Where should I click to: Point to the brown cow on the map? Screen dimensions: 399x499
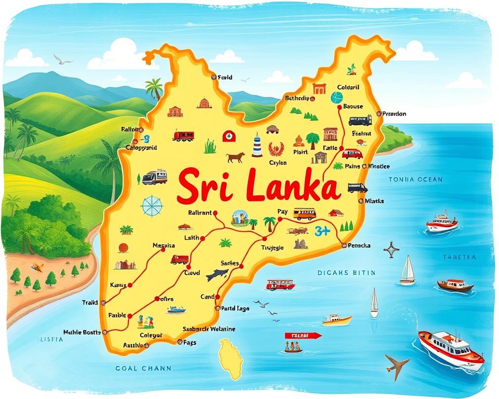pos(235,156)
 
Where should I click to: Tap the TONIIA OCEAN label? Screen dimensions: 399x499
pos(415,179)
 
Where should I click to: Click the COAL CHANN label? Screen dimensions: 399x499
pos(142,368)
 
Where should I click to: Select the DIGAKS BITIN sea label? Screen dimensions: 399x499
pos(346,272)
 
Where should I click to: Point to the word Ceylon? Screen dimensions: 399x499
pos(278,163)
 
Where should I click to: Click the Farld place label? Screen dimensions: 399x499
pos(225,77)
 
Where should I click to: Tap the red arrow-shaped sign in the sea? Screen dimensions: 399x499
pos(303,336)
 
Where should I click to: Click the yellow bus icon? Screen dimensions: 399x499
pos(304,214)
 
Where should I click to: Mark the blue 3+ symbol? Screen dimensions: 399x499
pos(322,232)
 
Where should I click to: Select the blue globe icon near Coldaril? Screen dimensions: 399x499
pos(337,97)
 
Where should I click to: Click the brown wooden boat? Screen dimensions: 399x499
pos(455,285)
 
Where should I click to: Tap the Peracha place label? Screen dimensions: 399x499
pos(359,245)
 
